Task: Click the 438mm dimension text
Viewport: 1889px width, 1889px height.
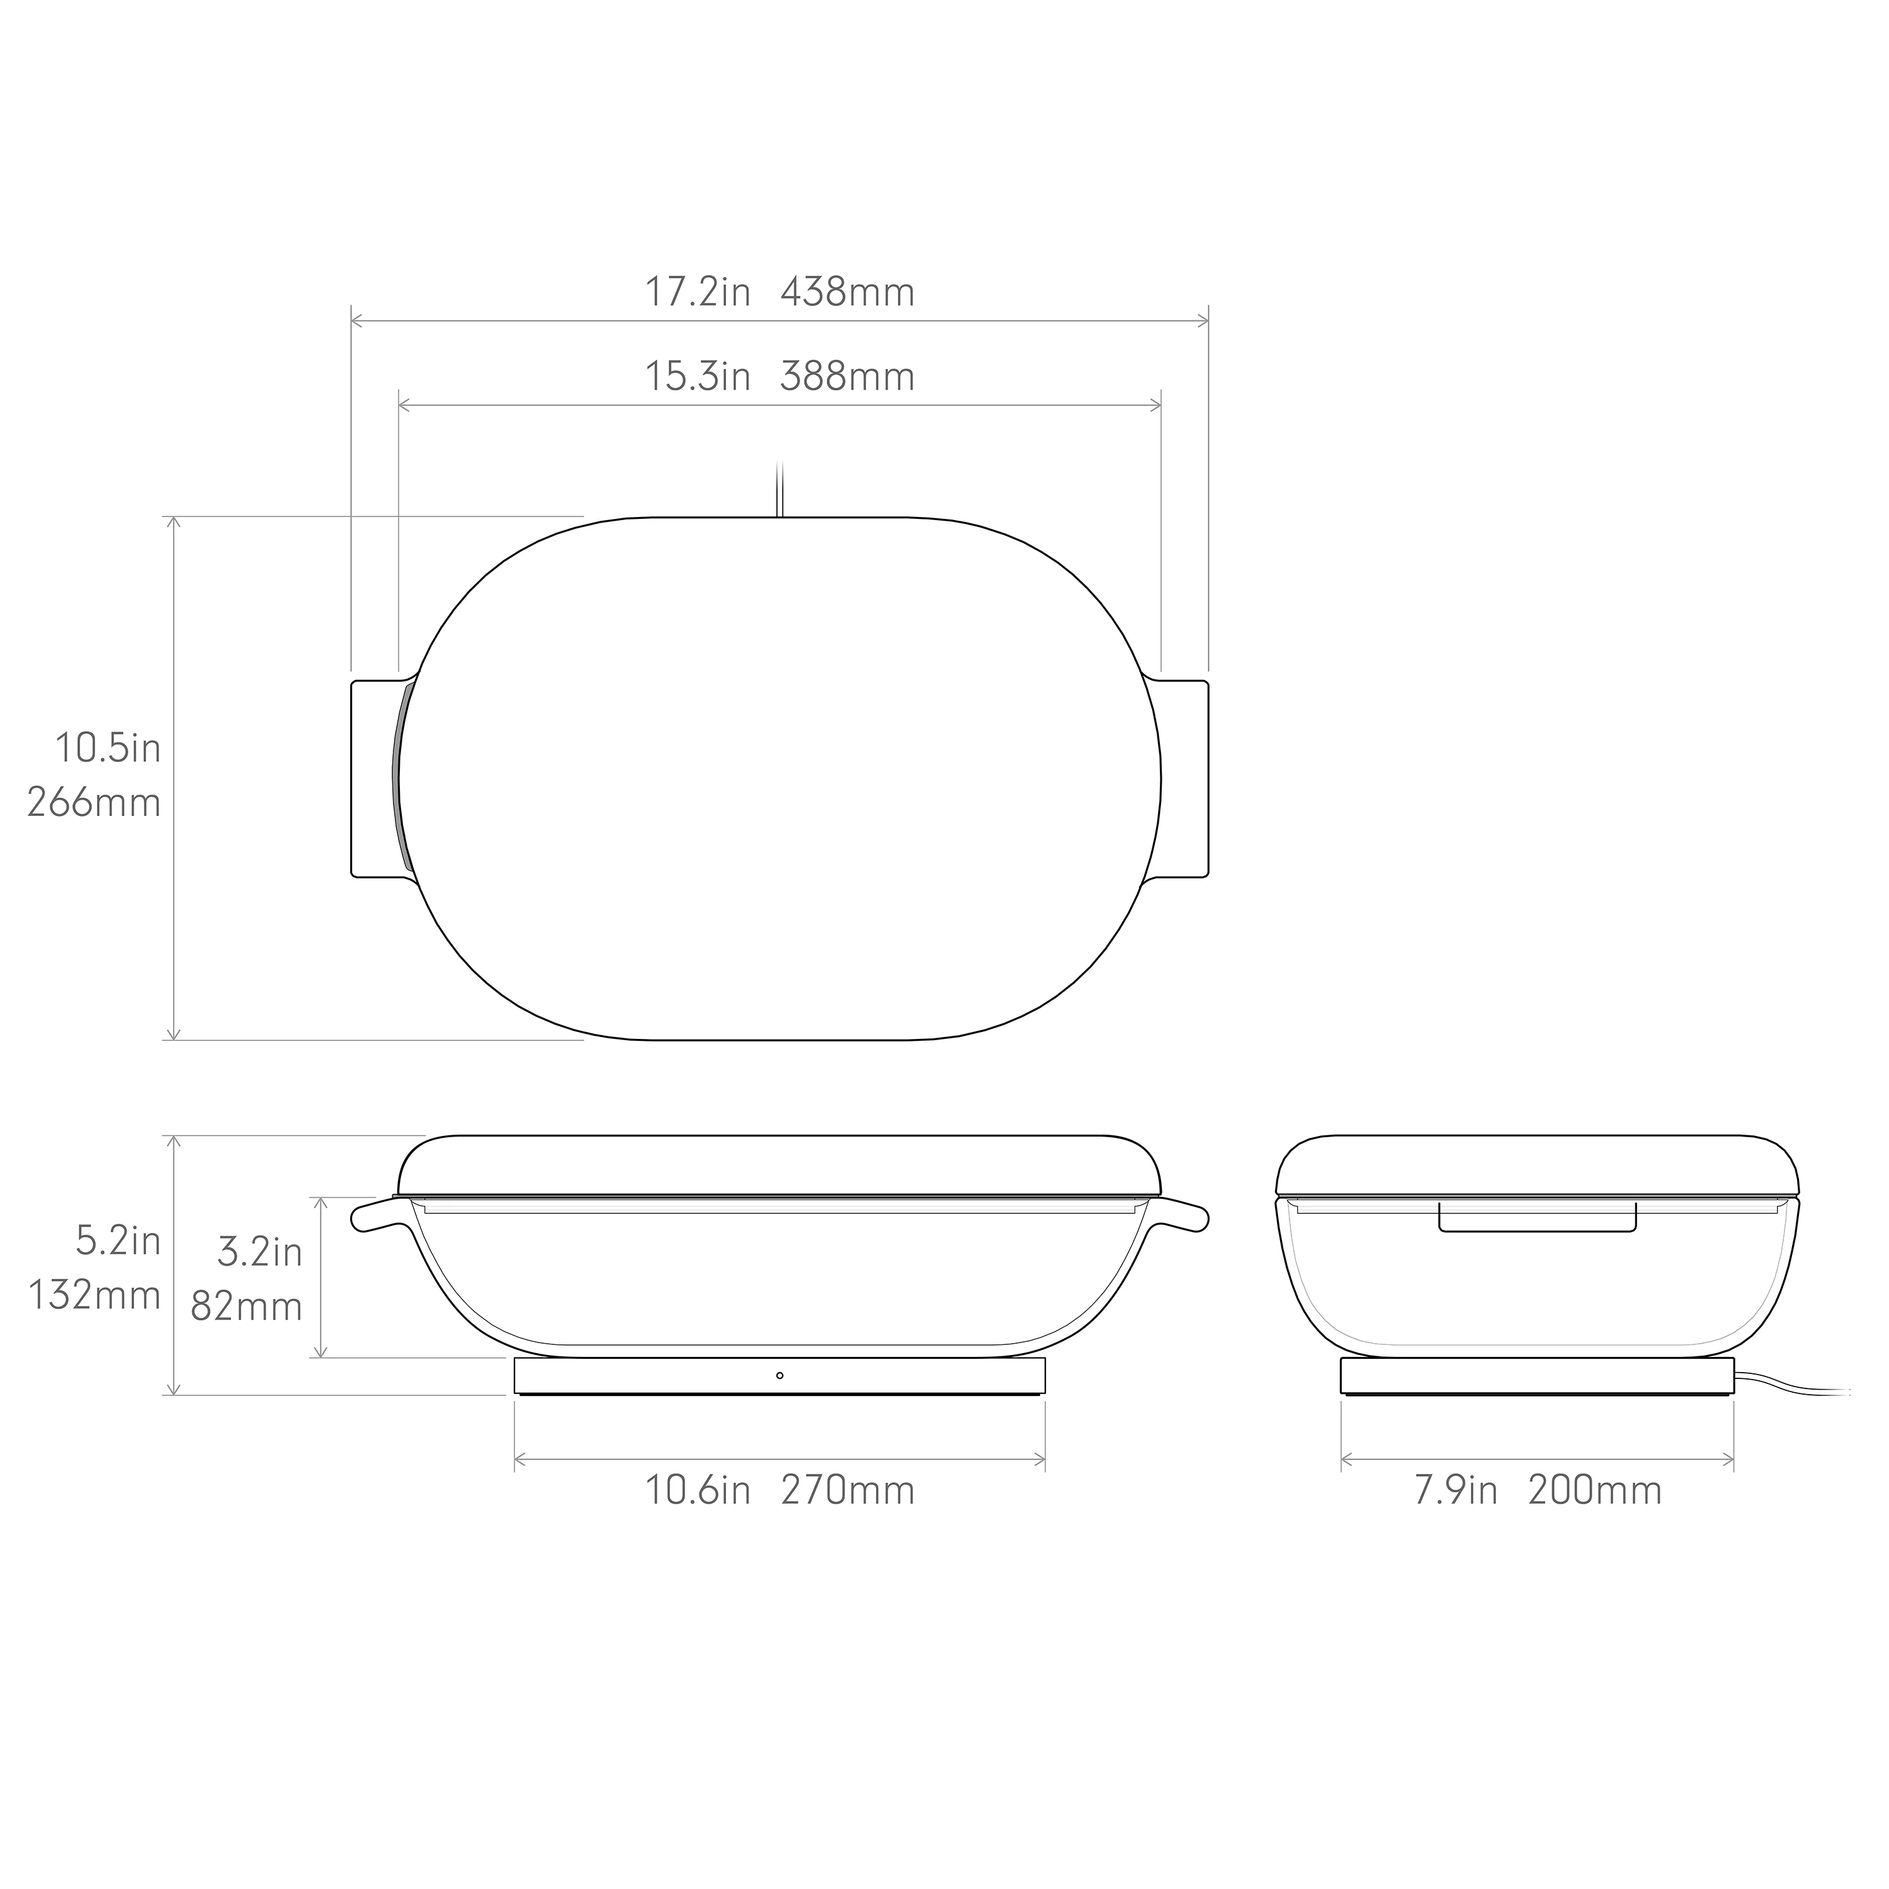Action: coord(847,292)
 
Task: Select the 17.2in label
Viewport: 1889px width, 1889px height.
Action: coord(697,292)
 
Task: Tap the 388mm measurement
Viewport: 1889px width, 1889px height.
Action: coord(847,377)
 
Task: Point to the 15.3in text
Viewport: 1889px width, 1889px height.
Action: coord(697,377)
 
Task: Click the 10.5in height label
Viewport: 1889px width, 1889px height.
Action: coord(108,749)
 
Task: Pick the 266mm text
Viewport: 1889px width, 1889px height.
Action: coord(94,803)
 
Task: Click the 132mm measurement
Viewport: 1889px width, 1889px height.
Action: coord(94,1295)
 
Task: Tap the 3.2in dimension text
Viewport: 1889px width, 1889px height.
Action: coord(259,1252)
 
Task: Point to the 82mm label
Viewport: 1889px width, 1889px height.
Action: coord(246,1307)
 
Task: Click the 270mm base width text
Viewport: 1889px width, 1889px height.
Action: coord(847,1491)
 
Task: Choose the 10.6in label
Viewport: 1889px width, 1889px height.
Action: coord(697,1491)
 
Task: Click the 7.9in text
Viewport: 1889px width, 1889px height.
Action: coord(1456,1491)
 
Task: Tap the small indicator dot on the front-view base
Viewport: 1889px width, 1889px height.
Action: coord(780,1376)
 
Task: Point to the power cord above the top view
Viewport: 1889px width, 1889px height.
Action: coord(780,489)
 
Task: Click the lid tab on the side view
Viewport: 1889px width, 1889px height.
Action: coord(1537,1218)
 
